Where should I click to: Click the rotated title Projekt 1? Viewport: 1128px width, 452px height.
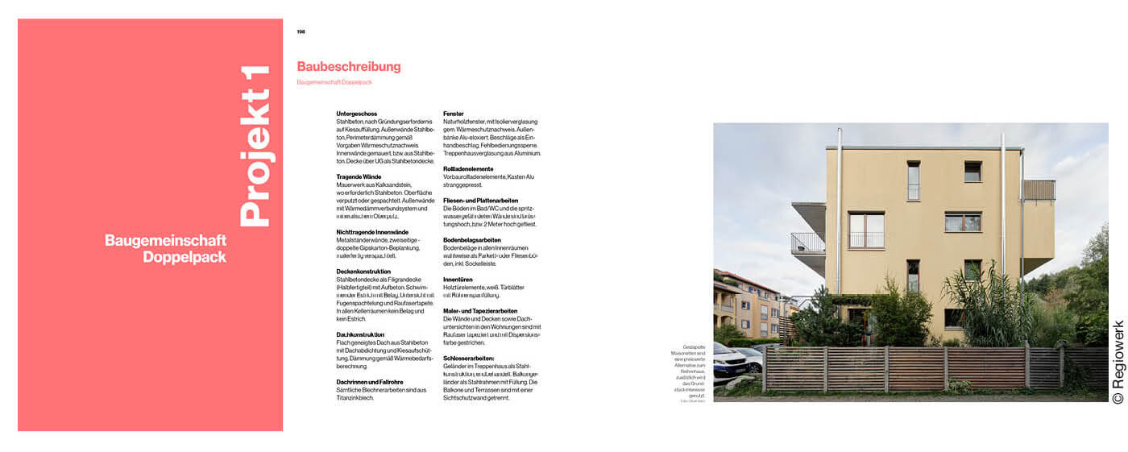(x=256, y=146)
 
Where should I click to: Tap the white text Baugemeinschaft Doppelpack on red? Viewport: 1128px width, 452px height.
(x=165, y=249)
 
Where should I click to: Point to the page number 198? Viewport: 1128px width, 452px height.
(x=301, y=32)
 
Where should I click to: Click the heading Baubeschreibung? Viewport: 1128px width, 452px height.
(x=348, y=67)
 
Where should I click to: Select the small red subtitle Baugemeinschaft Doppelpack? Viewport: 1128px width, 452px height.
(x=334, y=82)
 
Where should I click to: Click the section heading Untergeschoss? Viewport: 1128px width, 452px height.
(x=356, y=114)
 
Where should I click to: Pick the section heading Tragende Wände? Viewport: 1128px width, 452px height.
(x=359, y=176)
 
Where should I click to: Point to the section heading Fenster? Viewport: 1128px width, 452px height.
(x=454, y=114)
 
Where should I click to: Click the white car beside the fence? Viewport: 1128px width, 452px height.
(x=730, y=359)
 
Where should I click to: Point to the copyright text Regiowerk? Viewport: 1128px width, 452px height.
(x=1118, y=363)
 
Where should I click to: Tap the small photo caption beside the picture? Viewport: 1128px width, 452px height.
(x=690, y=374)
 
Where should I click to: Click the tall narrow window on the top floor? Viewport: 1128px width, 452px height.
(x=913, y=180)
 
